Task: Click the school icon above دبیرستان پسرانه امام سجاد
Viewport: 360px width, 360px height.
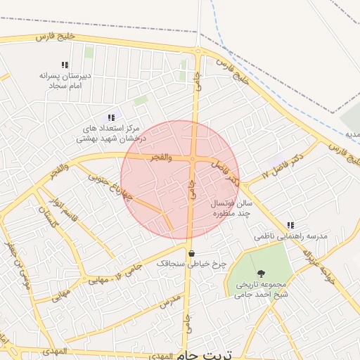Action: point(65,65)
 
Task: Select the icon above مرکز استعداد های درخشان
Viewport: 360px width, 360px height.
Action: point(110,117)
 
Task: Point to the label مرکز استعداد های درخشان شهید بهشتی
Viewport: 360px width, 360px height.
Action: point(108,134)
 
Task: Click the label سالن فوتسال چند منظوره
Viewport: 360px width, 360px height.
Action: point(231,207)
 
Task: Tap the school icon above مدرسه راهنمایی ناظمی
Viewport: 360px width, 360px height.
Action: point(290,226)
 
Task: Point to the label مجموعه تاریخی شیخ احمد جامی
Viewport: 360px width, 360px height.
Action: point(262,290)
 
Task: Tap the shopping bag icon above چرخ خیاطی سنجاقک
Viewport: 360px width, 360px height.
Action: point(191,253)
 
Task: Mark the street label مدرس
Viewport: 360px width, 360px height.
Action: point(171,301)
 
